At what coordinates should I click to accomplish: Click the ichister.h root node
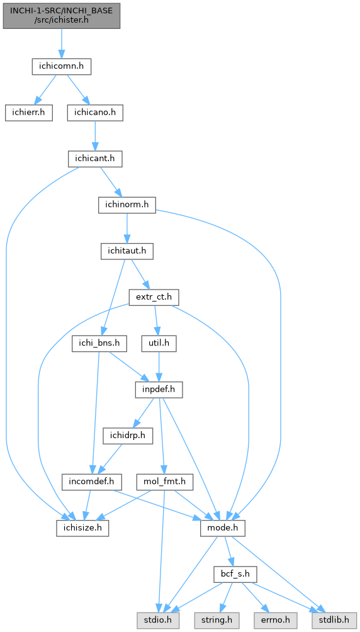pos(62,16)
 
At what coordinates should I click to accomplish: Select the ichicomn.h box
pos(61,67)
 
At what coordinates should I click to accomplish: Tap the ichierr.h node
pos(29,113)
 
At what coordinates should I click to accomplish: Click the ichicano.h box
pos(95,113)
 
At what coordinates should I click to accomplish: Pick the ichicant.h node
pos(95,159)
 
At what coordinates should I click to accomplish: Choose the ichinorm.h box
pos(127,205)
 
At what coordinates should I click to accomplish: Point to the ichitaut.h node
pos(127,251)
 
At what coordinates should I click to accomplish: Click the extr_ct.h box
pos(154,297)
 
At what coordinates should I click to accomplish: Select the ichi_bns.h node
pos(99,344)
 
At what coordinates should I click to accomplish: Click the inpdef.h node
pos(159,390)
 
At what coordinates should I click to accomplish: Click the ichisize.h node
pos(82,528)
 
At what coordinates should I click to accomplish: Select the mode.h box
pos(223,528)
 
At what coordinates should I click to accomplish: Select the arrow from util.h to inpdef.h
pos(159,366)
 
